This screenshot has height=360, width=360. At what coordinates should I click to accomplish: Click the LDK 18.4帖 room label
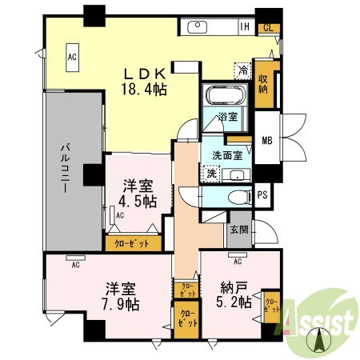144,78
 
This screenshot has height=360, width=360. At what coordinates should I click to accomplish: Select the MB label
266,142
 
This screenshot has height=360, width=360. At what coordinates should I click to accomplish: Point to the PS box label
262,194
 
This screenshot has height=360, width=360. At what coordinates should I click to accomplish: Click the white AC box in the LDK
72,58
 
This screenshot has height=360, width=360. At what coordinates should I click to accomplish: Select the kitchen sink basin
198,27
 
